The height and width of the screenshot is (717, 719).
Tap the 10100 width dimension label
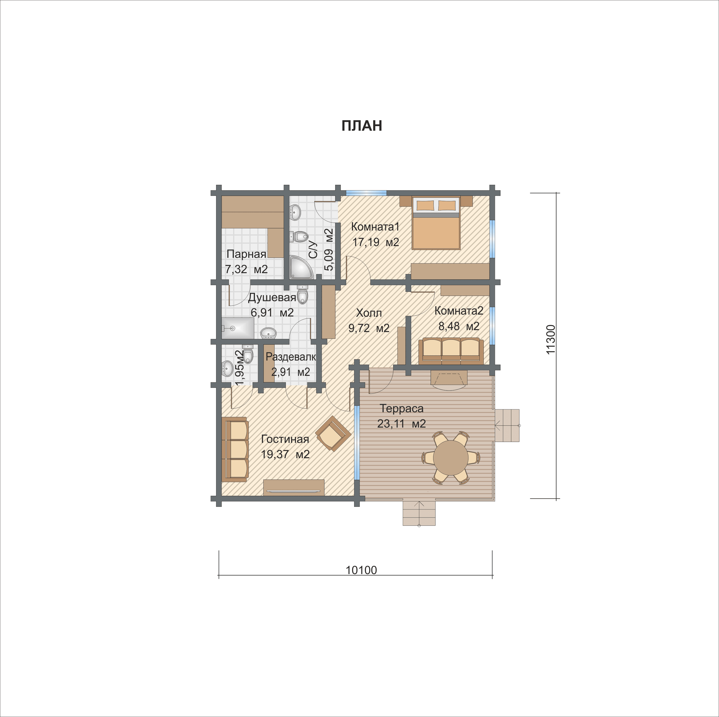point(361,570)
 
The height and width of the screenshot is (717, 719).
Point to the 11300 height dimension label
point(550,339)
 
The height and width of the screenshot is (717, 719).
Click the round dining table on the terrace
point(451,458)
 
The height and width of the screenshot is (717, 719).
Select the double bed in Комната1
point(436,223)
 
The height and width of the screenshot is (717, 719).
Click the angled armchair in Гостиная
point(333,434)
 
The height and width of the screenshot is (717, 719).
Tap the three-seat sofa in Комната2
point(451,351)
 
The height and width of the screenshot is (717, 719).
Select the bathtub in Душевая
point(238,328)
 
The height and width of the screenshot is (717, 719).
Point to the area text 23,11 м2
point(402,423)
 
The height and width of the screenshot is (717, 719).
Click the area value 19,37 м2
point(285,454)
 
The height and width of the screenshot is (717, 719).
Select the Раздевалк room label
point(291,357)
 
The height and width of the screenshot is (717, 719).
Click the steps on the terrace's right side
point(507,425)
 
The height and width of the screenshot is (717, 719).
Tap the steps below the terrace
point(419,513)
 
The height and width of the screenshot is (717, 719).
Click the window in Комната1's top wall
point(366,193)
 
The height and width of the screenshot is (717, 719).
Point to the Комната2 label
point(459,311)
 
